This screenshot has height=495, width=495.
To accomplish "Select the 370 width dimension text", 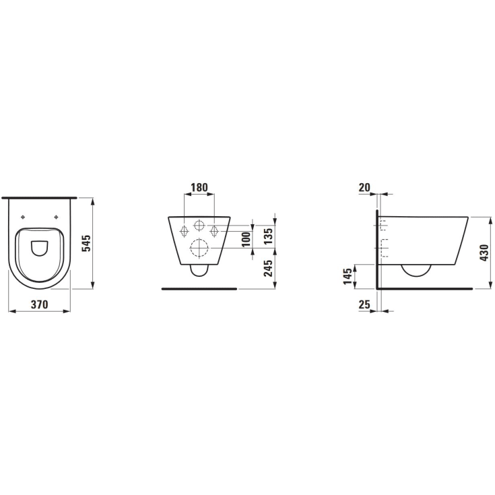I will click(40, 304).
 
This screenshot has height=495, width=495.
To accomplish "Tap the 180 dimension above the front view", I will click(199, 187).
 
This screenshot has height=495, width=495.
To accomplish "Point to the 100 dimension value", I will click(246, 238).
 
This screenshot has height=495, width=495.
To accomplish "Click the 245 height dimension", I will click(268, 269).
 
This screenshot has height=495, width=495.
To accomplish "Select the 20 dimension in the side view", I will click(366, 187).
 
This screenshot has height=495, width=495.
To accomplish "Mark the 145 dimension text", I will click(348, 276).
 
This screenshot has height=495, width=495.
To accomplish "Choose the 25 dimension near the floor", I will click(366, 304).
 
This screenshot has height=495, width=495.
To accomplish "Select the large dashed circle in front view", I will click(200, 249).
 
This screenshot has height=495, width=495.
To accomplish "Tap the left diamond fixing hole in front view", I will click(184, 230).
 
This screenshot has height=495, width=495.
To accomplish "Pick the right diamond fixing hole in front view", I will click(215, 230).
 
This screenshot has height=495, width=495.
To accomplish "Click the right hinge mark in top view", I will click(56, 217).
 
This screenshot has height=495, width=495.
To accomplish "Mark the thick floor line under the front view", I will click(199, 288).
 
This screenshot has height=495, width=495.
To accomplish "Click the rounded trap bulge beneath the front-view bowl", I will click(200, 270).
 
